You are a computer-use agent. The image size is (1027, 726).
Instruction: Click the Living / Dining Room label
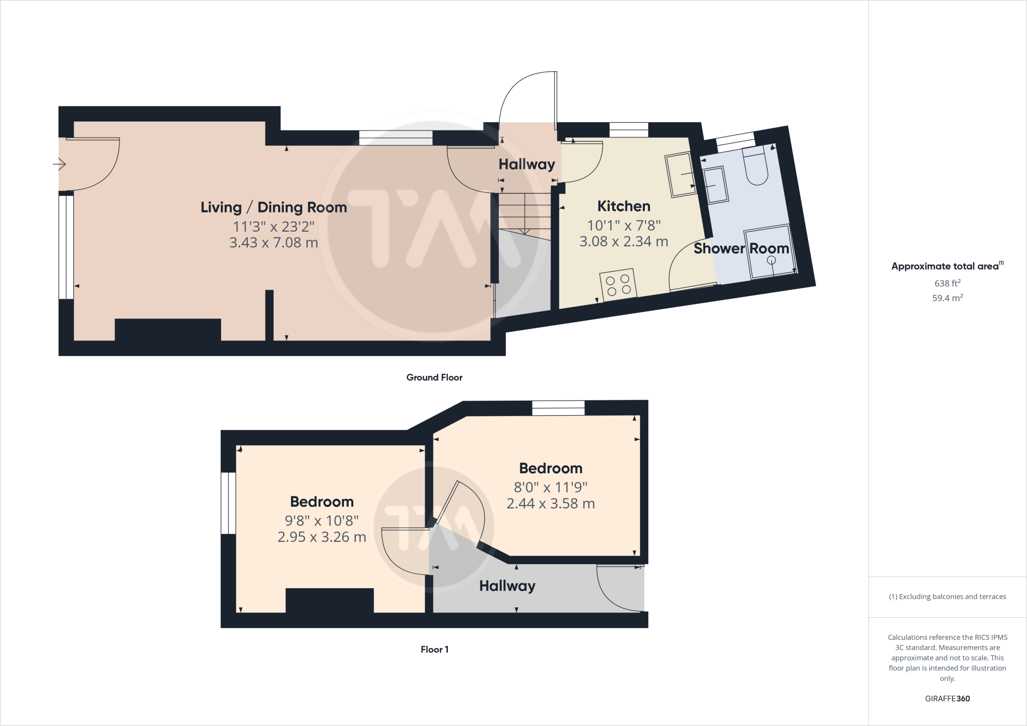(273, 207)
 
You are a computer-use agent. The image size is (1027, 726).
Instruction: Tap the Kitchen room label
(623, 206)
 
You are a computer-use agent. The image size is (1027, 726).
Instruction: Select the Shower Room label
(741, 248)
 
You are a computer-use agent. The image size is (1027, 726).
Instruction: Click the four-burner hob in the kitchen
(618, 284)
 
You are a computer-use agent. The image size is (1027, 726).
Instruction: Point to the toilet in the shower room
(756, 166)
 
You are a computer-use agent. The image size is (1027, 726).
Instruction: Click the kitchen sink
(680, 175)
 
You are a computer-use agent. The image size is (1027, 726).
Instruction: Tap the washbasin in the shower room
(716, 185)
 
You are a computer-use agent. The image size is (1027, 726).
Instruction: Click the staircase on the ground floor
(525, 213)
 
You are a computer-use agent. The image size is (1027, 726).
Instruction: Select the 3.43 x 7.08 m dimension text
(273, 243)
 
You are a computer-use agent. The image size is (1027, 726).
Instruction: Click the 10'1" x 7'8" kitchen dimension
(623, 225)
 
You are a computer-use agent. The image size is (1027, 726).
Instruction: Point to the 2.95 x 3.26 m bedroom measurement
(321, 537)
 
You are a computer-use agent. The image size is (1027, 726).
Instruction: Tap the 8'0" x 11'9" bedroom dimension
(550, 487)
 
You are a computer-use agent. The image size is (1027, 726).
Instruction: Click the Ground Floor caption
(434, 378)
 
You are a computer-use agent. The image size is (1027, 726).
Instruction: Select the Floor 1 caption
(434, 649)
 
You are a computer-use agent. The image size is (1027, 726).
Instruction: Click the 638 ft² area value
(947, 283)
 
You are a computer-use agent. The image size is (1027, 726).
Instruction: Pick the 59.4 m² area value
(947, 298)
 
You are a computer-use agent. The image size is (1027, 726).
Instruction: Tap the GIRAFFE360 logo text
(947, 698)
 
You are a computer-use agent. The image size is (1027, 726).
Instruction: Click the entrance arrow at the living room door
(59, 164)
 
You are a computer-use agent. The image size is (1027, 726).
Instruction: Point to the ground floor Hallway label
(527, 164)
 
